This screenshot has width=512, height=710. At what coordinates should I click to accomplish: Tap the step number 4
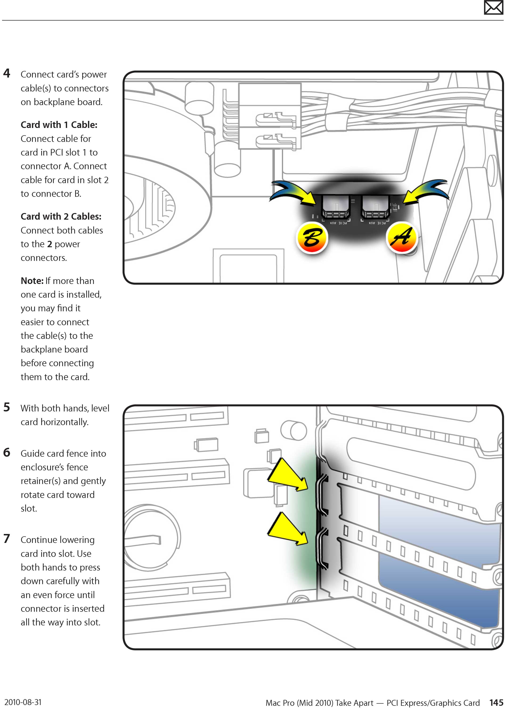pos(7,73)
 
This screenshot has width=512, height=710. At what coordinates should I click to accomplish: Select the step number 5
pos(7,407)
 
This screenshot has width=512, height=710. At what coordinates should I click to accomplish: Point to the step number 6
pos(7,452)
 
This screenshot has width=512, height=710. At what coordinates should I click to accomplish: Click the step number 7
pos(7,538)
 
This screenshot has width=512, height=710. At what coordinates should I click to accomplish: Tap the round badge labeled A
pos(402,237)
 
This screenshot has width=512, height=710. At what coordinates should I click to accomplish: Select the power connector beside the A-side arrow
pos(375,207)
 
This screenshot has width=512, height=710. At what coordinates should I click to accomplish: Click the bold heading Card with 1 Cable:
pos(59,125)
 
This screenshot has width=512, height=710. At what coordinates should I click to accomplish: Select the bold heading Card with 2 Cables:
pos(61,217)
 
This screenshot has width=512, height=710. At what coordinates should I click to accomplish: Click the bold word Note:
pos(32,281)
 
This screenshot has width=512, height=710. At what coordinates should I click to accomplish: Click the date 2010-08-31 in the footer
pos(23,702)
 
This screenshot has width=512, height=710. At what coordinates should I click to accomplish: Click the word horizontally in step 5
pos(65,422)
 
